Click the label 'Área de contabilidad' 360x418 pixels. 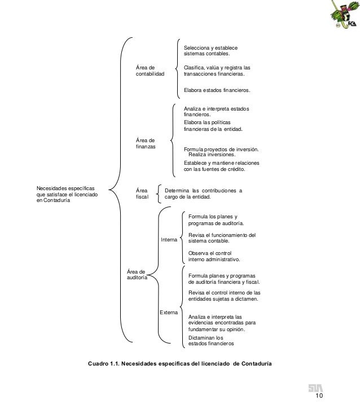coord(150,71)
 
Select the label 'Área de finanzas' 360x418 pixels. coord(146,143)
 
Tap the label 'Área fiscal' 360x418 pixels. coord(142,194)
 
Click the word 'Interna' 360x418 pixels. coord(169,240)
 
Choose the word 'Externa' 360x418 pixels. coord(169,311)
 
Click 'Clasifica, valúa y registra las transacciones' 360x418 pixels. coord(217,71)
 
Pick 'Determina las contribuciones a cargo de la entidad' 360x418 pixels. coord(203,194)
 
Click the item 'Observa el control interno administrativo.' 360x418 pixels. coord(214,256)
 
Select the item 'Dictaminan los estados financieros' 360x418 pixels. coord(210,341)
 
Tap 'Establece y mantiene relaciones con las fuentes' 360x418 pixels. coord(221,165)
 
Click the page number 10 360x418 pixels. coord(319,398)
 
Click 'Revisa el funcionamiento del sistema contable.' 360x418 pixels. coord(222,237)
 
